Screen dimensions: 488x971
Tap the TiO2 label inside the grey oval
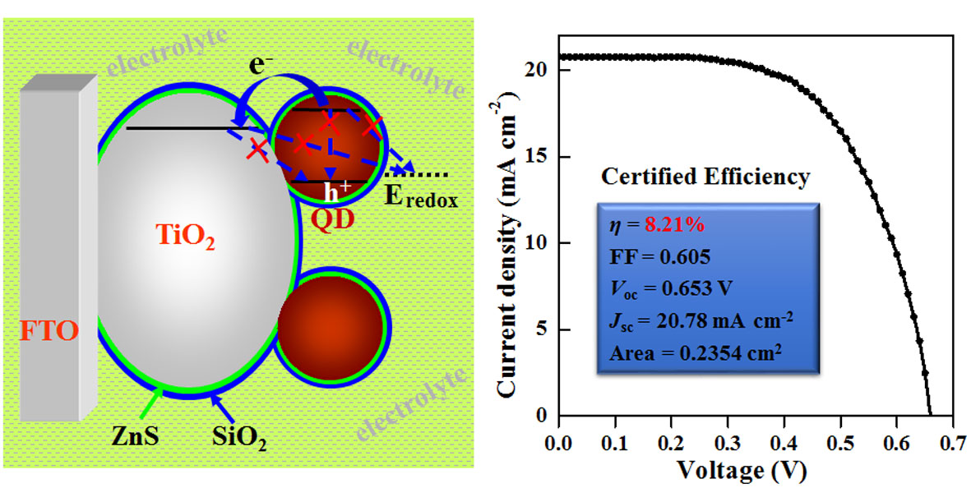tap(188, 237)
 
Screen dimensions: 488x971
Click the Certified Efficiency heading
tap(705, 177)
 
